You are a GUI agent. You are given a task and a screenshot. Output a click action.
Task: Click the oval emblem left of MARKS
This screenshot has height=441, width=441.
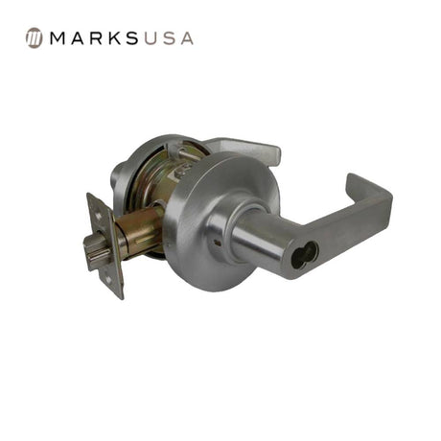pos(34,38)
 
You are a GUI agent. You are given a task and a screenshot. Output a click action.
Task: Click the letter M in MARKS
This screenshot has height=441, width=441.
pos(58,38)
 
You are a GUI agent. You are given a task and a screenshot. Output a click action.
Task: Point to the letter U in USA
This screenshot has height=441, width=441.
pos(151,38)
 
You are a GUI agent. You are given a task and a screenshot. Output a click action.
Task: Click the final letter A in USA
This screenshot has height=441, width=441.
pos(187,38)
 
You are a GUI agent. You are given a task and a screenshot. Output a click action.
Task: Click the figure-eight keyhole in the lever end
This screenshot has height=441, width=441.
pos(305,256)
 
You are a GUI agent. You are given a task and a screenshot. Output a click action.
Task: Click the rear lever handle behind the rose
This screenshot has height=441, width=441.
pos(246,151)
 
